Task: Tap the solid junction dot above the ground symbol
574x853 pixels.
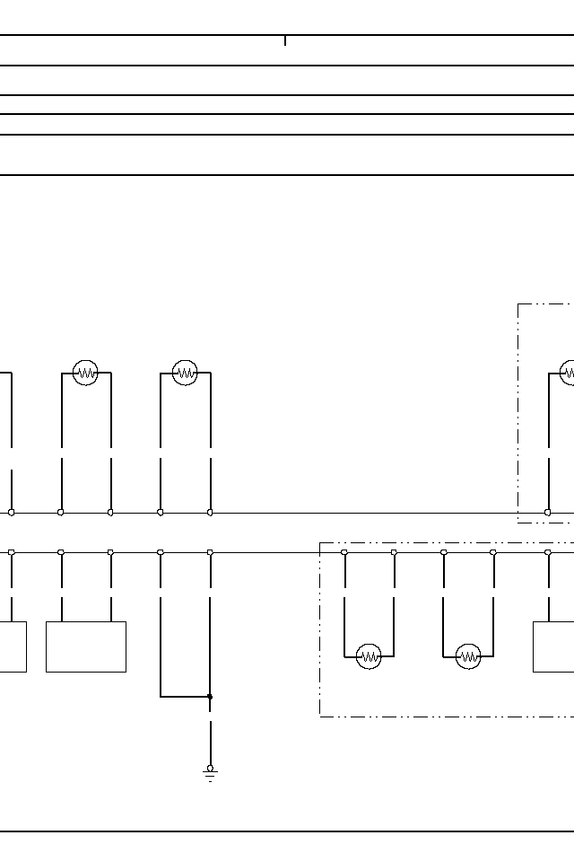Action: pos(210,696)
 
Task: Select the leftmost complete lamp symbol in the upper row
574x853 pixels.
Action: pos(85,373)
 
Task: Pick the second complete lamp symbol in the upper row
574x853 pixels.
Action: pos(185,373)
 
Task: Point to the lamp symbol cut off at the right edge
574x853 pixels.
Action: pos(568,373)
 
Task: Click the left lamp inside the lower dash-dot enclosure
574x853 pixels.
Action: pos(369,657)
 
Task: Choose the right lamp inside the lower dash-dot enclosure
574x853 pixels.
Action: pos(468,657)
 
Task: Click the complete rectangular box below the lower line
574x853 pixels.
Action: pos(86,646)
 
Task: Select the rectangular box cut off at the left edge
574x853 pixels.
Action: pos(13,646)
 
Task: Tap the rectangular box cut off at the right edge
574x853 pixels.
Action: pos(553,646)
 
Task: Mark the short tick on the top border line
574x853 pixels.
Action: pos(285,40)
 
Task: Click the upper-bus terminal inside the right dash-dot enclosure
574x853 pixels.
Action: pos(548,513)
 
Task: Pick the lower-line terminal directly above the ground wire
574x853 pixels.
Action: pos(210,553)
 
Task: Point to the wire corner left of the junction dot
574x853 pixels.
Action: pos(161,696)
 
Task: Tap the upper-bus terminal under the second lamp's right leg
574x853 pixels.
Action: pos(210,513)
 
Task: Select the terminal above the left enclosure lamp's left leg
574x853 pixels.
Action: pos(344,553)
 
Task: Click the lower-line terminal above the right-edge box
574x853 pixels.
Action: pos(548,553)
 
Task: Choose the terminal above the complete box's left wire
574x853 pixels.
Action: pos(61,553)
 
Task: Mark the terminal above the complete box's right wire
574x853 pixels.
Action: pos(110,553)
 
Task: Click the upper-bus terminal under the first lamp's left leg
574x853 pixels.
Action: pos(61,513)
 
